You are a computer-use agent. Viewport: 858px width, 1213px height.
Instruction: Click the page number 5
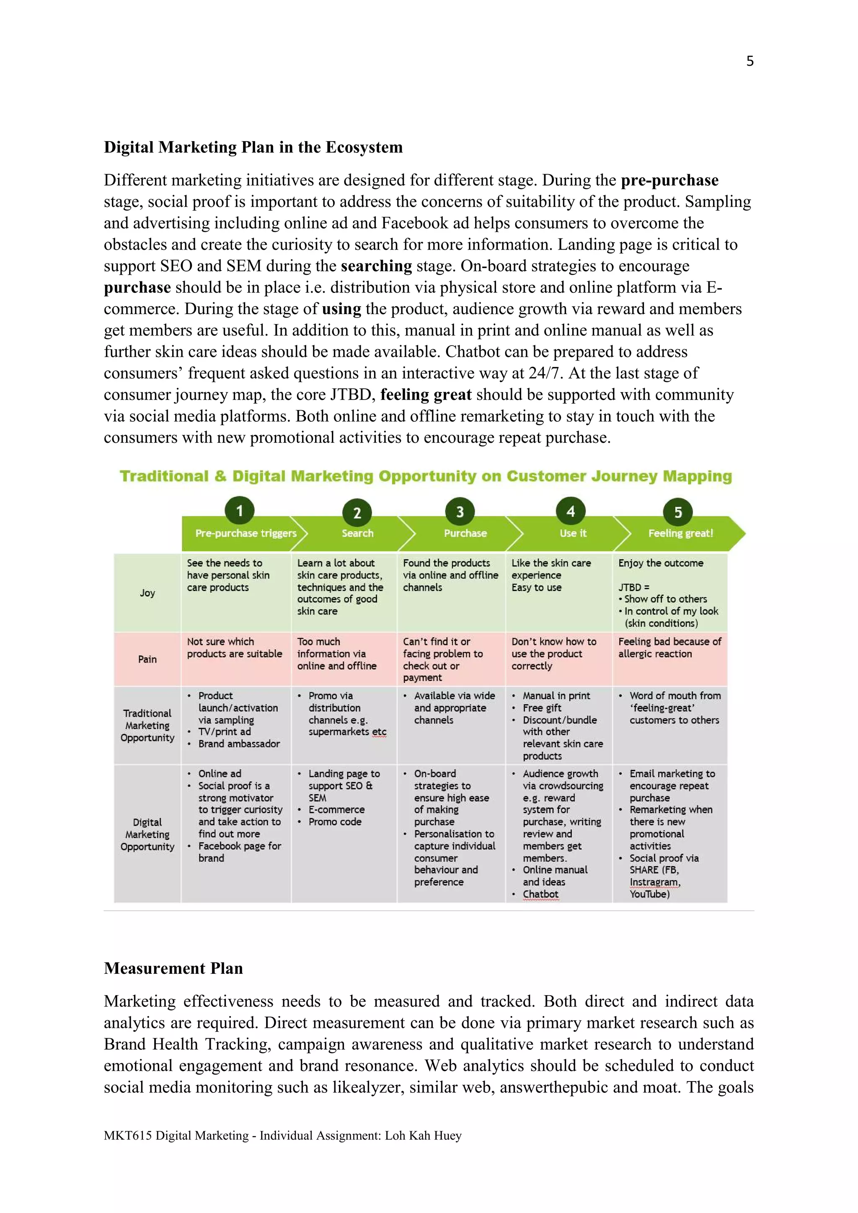(x=749, y=61)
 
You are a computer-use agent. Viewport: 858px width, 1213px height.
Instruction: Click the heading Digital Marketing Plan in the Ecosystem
(x=253, y=147)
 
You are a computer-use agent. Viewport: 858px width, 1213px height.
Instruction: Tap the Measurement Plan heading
(x=173, y=968)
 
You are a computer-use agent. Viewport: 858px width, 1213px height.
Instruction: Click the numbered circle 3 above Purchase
(x=460, y=511)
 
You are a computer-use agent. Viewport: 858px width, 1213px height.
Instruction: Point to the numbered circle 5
(x=678, y=512)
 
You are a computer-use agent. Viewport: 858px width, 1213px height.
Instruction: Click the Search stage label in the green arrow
(x=357, y=533)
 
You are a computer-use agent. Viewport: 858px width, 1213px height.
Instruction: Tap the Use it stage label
(x=573, y=533)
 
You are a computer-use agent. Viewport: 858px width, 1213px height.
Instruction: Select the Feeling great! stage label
(x=680, y=533)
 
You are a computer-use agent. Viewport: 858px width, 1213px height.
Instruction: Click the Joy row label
(x=147, y=593)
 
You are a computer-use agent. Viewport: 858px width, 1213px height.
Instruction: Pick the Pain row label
(x=147, y=659)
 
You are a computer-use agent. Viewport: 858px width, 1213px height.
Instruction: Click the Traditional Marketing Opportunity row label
(x=147, y=725)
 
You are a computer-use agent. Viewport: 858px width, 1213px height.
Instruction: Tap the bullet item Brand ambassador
(x=239, y=743)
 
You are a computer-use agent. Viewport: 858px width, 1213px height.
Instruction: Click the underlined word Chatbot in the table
(x=540, y=894)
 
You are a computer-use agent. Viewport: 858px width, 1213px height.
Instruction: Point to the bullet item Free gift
(x=542, y=707)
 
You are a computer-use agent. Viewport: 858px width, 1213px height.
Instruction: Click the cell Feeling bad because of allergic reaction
(x=669, y=647)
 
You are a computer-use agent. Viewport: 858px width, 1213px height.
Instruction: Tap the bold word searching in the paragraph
(x=376, y=266)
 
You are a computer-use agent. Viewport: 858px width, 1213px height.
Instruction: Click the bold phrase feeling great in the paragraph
(x=426, y=395)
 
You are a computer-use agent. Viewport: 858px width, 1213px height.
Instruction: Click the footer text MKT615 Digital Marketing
(x=176, y=1136)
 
